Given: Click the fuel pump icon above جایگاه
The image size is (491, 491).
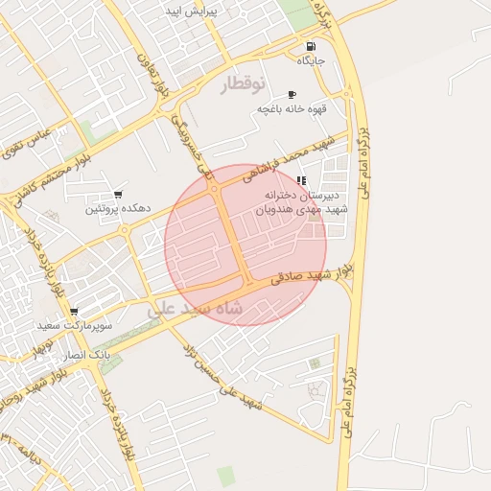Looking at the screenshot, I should [x=310, y=47].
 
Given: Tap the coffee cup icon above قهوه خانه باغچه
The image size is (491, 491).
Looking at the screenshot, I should [x=292, y=94].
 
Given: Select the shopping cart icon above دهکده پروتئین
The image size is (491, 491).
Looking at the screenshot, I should [x=118, y=194].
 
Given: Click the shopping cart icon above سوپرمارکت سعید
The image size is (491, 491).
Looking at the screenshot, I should [x=74, y=312].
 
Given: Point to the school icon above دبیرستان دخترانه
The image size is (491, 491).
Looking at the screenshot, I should [x=302, y=180].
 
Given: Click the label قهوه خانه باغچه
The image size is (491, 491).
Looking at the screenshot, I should [x=292, y=109].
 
